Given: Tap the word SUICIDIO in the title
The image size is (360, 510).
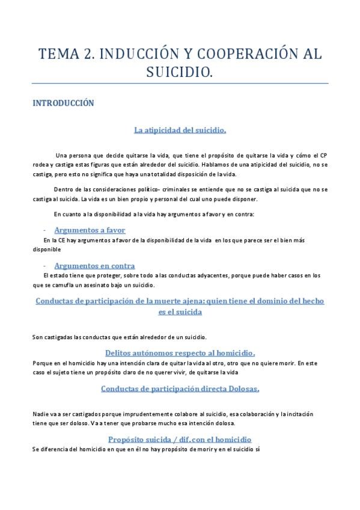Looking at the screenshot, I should coord(180,73).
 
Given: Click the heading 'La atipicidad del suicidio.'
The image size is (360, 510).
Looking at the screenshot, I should coord(180,129).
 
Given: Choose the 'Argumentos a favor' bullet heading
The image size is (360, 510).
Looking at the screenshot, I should coord(90,230).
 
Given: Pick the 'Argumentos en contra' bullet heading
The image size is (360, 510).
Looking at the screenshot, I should coord(94,265).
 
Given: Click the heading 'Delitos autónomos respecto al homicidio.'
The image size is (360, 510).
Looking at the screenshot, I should coord(180,352).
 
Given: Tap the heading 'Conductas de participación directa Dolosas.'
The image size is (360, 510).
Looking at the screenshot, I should coord(180,389).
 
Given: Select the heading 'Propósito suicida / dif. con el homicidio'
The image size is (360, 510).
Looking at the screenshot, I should coord(180,439).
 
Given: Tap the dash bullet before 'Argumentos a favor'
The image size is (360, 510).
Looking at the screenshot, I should coord(46,230).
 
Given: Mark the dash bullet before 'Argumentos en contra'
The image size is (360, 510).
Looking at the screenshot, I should coord(46,266).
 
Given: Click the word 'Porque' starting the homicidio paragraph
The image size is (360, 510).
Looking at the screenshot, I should coord(41,363).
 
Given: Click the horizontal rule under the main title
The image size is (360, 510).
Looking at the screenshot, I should coord(180,83).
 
